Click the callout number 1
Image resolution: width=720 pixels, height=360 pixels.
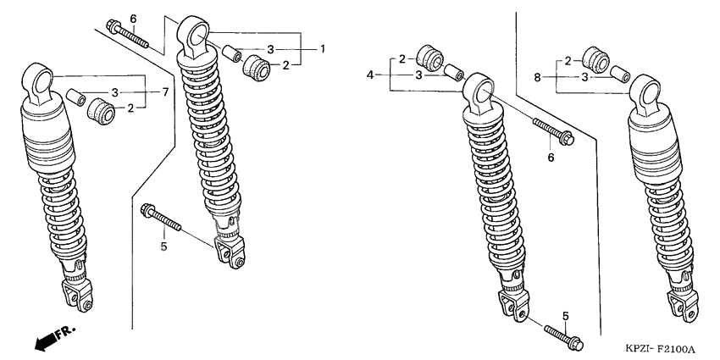click(323, 48)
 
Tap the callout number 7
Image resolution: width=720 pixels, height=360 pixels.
click(165, 91)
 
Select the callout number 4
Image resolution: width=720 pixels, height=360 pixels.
click(371, 75)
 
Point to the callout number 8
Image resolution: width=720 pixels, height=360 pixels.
click(537, 78)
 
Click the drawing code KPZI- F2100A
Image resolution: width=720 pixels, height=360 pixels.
click(661, 350)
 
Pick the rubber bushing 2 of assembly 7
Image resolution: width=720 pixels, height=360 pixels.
click(102, 111)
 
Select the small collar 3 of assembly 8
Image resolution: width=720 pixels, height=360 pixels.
click(619, 74)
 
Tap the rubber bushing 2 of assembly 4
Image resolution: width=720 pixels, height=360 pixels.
click(429, 58)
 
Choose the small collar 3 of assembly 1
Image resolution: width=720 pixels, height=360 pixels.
click(232, 53)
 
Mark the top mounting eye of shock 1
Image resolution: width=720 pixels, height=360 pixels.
click(194, 36)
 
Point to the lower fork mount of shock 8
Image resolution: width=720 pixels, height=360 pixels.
click(683, 307)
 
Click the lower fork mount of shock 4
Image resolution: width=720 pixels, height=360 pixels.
click(512, 307)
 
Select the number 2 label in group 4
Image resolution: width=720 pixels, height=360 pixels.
click(402, 58)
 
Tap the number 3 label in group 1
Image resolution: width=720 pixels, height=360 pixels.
click(270, 48)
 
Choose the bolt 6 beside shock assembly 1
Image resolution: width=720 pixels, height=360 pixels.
click(127, 33)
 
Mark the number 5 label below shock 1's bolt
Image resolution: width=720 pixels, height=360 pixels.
click(164, 246)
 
